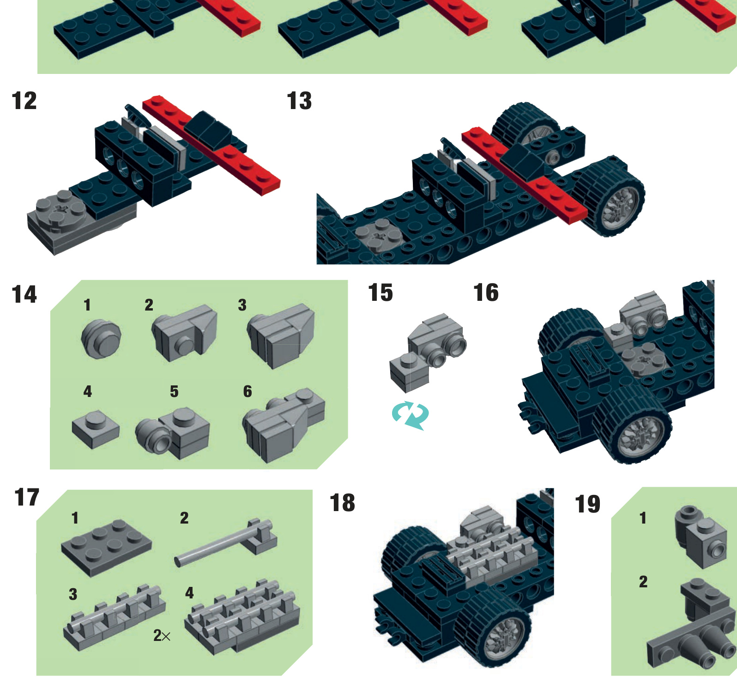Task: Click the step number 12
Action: (x=24, y=101)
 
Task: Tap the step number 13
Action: (x=299, y=101)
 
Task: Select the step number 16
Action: (x=486, y=293)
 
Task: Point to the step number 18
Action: (x=342, y=503)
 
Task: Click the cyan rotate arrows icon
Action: (x=410, y=415)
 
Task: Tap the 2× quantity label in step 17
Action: (x=162, y=636)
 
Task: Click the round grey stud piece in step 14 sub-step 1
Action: (x=101, y=338)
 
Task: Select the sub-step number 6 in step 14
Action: (x=248, y=391)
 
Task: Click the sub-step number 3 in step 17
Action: (x=73, y=594)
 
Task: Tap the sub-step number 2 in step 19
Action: (x=643, y=581)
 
